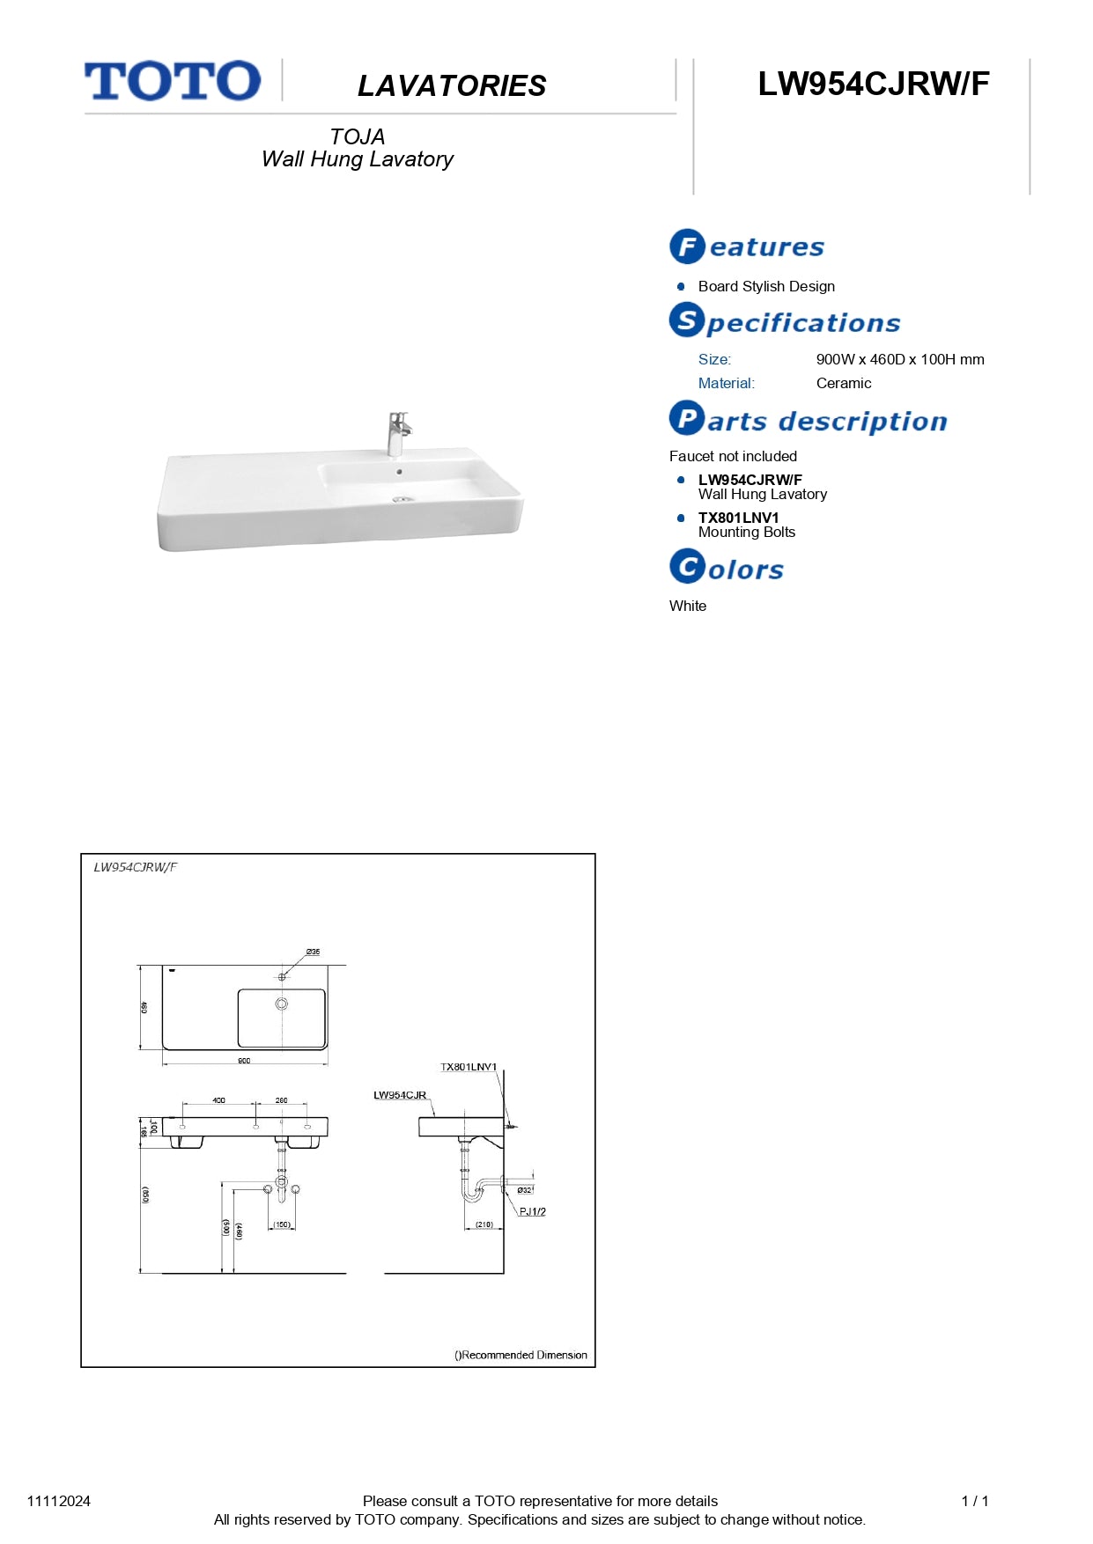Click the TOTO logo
(173, 81)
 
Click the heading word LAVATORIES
(452, 86)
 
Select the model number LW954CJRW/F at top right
(873, 85)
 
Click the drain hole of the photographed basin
(402, 499)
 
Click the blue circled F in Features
(687, 246)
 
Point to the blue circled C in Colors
(687, 566)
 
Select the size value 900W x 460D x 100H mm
(899, 359)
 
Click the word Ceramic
(843, 383)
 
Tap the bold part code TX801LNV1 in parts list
(738, 518)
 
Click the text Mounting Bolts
(746, 532)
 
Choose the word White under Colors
(687, 606)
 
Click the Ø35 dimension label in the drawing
(313, 952)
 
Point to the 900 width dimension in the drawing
(244, 1061)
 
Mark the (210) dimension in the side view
(484, 1224)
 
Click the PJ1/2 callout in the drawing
(532, 1211)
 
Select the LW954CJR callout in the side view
(400, 1095)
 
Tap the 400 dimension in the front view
(218, 1100)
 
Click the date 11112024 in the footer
(59, 1501)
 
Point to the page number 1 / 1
(974, 1501)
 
